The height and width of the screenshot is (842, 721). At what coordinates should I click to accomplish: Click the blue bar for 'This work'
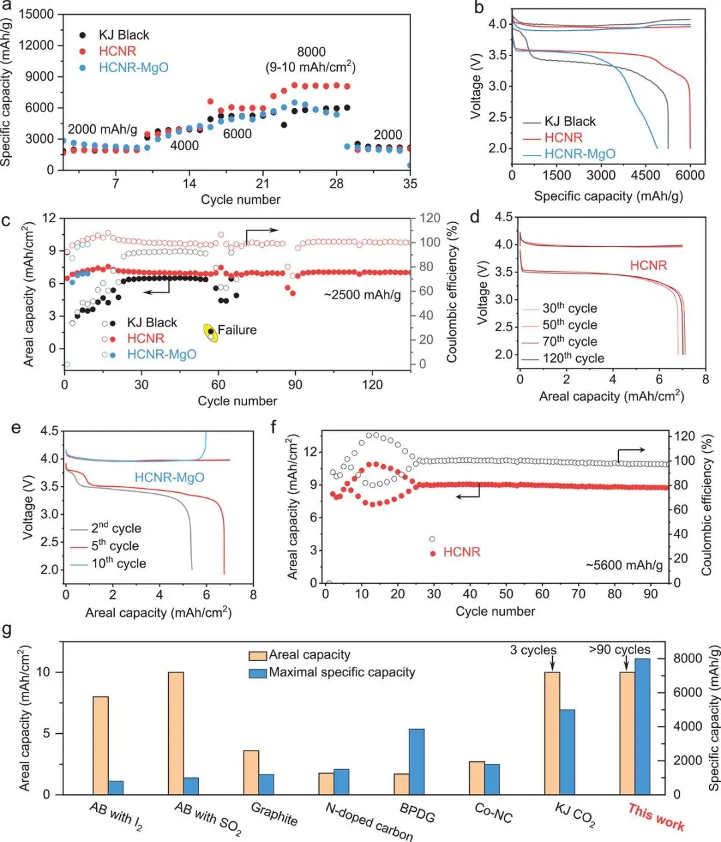[x=642, y=726]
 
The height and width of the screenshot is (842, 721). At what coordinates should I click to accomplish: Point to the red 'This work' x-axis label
[x=656, y=817]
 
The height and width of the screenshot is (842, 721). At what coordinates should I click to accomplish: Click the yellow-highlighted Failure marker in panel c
[x=211, y=332]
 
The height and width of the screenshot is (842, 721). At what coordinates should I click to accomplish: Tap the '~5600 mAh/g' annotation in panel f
[x=624, y=566]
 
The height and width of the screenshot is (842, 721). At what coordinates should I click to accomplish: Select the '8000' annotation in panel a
[x=311, y=52]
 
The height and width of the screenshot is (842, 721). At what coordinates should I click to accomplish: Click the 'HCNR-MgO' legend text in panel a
[x=134, y=67]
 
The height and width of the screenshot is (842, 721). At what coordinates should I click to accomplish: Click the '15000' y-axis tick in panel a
[x=37, y=14]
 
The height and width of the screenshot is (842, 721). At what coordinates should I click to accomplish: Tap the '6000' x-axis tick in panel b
[x=690, y=175]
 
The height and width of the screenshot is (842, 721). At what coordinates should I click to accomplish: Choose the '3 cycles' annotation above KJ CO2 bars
[x=533, y=650]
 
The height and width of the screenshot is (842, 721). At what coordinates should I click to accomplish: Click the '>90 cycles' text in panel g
[x=619, y=650]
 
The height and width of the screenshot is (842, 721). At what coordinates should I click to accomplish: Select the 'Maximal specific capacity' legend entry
[x=342, y=672]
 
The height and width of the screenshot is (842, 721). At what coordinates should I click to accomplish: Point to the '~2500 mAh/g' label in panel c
[x=363, y=294]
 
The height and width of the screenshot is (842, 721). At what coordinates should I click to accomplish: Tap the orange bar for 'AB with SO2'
[x=176, y=733]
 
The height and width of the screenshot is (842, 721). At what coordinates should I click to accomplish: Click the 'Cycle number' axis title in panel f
[x=495, y=611]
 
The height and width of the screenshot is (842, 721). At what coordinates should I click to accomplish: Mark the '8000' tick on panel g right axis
[x=688, y=658]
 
